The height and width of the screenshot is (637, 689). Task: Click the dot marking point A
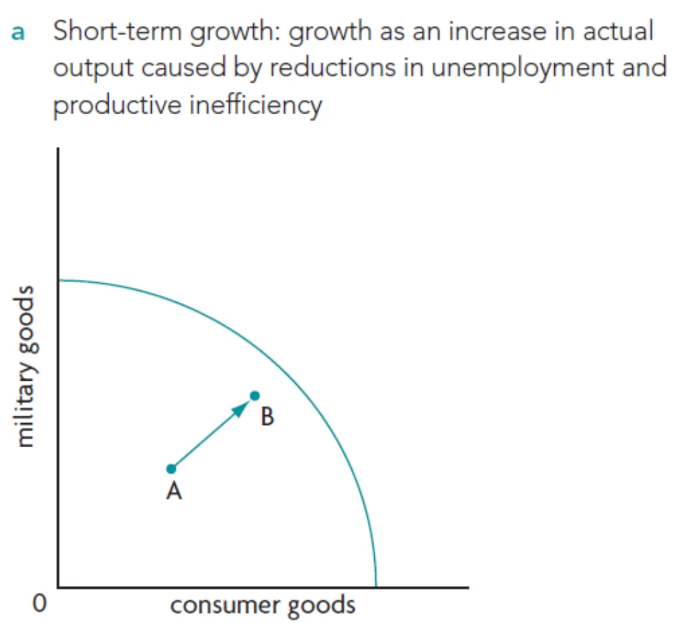pyautogui.click(x=172, y=469)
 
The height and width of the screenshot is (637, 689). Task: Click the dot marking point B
pyautogui.click(x=255, y=396)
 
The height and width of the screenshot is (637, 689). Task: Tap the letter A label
pyautogui.click(x=174, y=491)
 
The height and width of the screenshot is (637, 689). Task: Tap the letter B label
pyautogui.click(x=267, y=416)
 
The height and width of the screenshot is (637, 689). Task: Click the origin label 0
pyautogui.click(x=39, y=603)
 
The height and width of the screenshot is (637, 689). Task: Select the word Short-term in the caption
pyautogui.click(x=117, y=31)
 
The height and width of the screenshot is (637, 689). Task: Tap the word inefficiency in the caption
pyautogui.click(x=256, y=106)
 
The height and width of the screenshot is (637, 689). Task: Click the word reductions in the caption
pyautogui.click(x=332, y=68)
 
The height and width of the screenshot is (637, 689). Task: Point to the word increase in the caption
pyautogui.click(x=497, y=31)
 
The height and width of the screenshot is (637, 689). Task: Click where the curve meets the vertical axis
pyautogui.click(x=59, y=280)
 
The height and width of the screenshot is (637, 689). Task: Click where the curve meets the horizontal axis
pyautogui.click(x=376, y=586)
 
